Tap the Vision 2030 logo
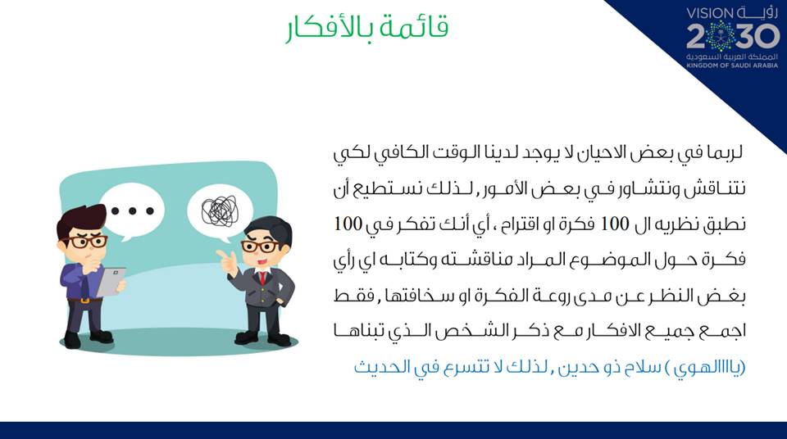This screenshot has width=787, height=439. coord(732,37)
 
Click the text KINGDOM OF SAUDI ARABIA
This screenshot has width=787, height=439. coord(732,66)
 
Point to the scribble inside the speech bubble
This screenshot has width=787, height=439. coord(220,210)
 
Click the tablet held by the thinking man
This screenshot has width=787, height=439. coord(111,282)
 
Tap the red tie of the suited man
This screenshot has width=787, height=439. coord(262,278)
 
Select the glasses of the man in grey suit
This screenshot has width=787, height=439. coord(261,247)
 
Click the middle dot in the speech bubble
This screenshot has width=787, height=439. coord(133,210)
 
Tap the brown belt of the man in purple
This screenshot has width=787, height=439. coord(84,300)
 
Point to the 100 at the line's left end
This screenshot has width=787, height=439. coord(348,224)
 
